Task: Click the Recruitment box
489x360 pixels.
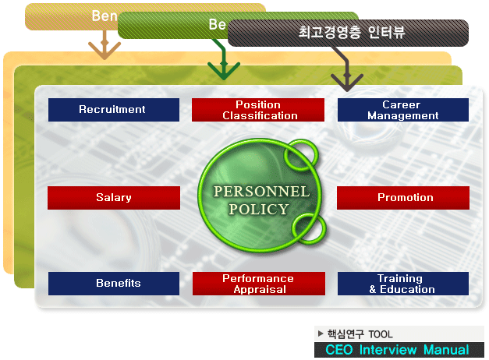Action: click(113, 110)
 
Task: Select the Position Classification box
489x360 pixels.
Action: click(258, 110)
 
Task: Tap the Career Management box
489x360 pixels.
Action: click(402, 110)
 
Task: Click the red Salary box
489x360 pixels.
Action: click(113, 198)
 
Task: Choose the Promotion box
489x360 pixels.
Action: click(403, 198)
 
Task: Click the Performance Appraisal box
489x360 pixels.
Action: click(258, 284)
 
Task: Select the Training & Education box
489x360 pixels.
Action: click(402, 284)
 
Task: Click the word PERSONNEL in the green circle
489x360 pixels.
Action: click(261, 191)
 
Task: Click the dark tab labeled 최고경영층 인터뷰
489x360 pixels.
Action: click(352, 33)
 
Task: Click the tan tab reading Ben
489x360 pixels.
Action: click(105, 16)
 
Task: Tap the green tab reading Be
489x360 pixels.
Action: click(216, 25)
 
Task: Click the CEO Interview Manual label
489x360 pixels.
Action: click(397, 350)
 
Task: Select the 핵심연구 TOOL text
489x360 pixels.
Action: click(360, 334)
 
